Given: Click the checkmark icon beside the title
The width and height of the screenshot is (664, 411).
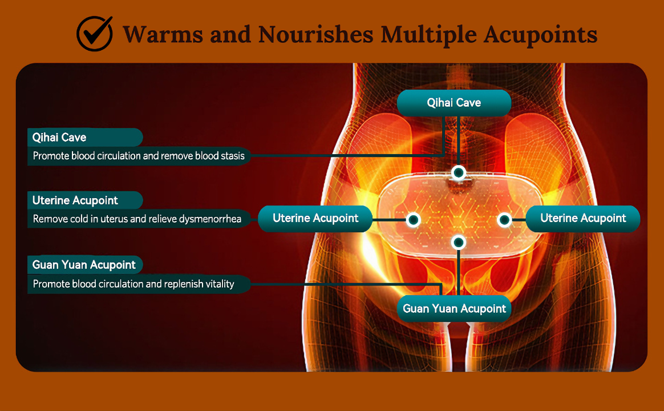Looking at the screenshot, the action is coord(95,34).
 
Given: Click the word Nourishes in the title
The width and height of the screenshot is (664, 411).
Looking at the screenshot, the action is coord(315,34).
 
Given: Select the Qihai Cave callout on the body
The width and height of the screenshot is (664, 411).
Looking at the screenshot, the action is coord(454,103).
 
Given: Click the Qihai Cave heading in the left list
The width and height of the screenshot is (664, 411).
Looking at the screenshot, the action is coord(59,137).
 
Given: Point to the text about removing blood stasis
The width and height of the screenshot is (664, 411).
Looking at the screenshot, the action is coord(139,156).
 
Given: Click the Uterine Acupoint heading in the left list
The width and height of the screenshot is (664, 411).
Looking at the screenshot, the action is coord(75,200).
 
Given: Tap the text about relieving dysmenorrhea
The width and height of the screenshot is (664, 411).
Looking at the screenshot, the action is coord(137,219).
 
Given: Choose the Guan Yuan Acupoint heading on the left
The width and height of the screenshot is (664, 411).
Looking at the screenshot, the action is coord(84,265).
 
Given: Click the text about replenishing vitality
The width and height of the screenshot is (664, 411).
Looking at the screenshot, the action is coord(133,284).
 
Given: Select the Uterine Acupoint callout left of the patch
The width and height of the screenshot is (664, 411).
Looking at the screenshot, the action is coord(315,219).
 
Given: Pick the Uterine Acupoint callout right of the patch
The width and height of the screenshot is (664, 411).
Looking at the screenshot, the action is coord(583,219).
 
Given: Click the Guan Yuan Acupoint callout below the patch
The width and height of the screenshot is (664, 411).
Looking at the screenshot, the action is coord(454,308).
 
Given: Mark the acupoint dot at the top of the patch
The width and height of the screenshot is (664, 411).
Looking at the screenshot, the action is coord(459,172).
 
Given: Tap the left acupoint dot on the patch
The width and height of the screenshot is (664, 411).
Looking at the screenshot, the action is coord(414,219).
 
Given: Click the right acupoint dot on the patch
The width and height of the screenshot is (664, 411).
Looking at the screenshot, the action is coord(504,219).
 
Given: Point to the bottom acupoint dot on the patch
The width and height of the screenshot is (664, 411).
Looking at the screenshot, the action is coord(459,243).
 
